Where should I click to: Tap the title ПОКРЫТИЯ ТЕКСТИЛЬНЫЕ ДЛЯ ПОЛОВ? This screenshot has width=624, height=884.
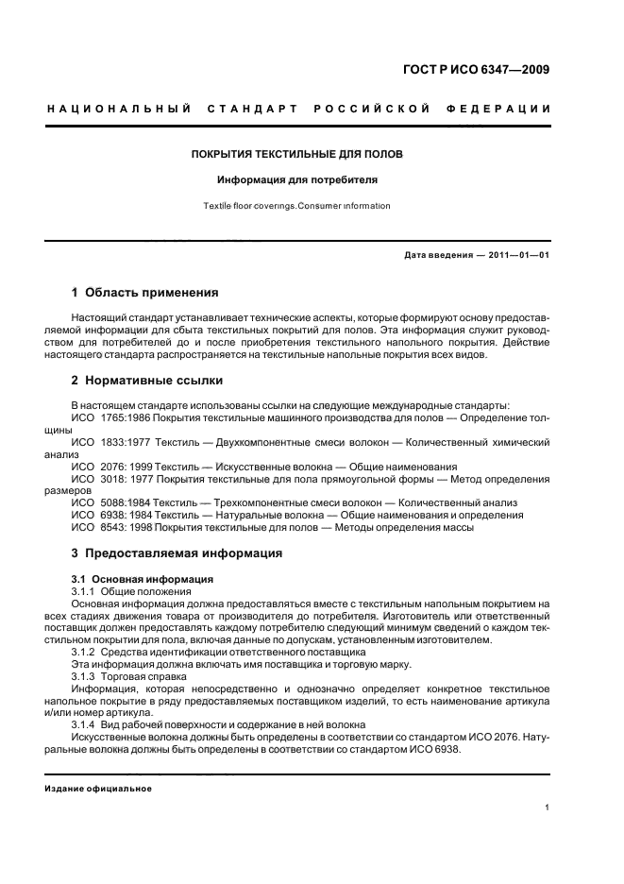[297, 153]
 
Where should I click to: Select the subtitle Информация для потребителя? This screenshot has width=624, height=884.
[297, 178]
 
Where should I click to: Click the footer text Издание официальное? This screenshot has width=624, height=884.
[98, 789]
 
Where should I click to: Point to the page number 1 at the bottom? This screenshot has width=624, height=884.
[548, 807]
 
